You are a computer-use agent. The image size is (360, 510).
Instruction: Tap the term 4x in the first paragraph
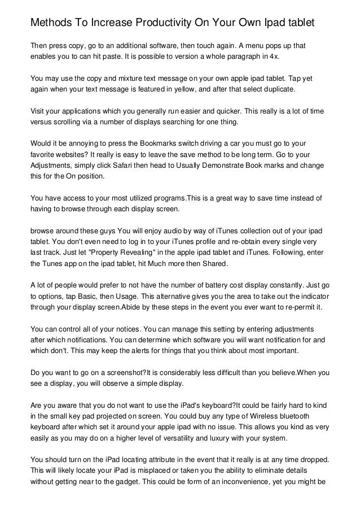point(275,57)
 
